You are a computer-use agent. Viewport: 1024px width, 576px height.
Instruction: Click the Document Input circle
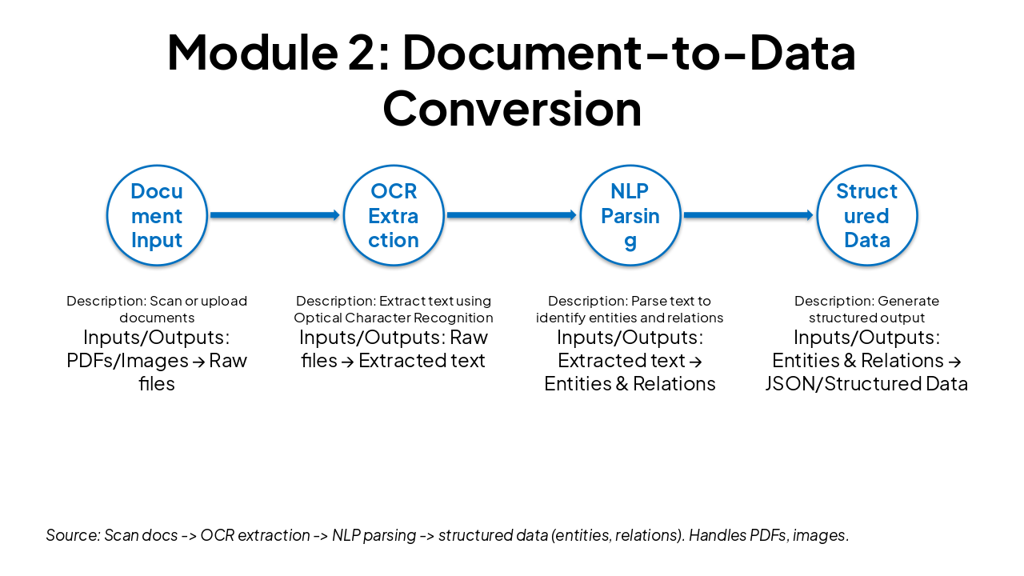click(157, 215)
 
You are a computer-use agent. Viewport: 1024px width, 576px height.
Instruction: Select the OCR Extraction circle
click(394, 215)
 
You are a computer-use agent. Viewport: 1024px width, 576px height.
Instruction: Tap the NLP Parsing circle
click(630, 215)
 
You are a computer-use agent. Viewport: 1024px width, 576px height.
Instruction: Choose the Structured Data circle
click(867, 215)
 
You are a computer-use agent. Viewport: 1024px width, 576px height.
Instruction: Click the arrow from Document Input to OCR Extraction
click(274, 215)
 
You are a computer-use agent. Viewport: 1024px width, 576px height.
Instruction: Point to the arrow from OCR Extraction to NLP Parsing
click(511, 215)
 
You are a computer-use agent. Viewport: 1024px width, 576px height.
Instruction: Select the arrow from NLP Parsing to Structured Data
click(748, 215)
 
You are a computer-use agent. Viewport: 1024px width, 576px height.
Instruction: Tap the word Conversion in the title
click(512, 108)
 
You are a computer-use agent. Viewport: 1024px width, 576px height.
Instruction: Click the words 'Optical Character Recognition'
click(394, 318)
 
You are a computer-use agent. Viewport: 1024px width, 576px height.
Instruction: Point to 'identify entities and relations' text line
click(630, 318)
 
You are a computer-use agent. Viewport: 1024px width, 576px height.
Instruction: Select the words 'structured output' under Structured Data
click(867, 318)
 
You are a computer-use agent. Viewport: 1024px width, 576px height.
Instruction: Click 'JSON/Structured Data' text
click(867, 384)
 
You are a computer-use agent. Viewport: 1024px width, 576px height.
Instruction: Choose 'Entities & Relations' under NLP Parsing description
click(630, 384)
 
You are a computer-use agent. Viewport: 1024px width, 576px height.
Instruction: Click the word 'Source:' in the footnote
click(73, 535)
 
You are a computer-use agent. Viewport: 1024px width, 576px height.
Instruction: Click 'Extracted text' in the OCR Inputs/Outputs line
click(422, 361)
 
